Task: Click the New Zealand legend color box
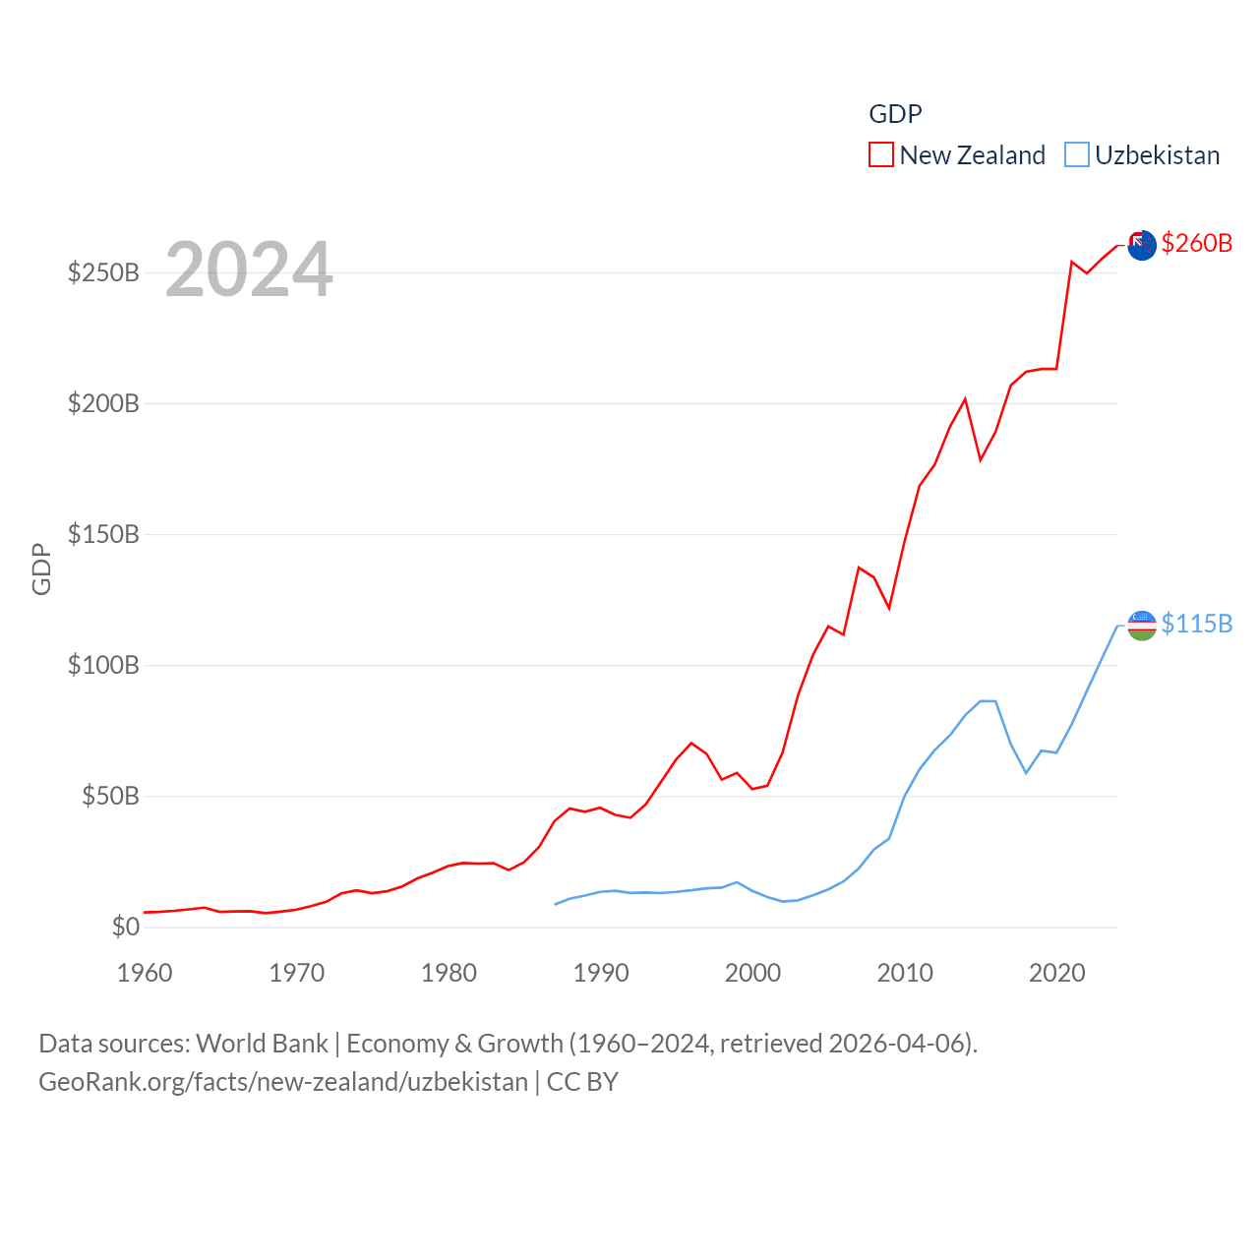point(880,155)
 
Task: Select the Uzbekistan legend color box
point(1077,155)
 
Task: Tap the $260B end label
point(1196,243)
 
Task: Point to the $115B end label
point(1196,624)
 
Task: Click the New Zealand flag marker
point(1142,245)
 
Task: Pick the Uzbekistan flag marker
point(1142,625)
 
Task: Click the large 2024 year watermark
point(249,270)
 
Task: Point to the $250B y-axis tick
point(103,272)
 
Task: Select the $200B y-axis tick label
point(103,403)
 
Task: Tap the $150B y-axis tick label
point(103,534)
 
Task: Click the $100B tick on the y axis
point(103,665)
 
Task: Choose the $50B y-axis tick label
point(110,796)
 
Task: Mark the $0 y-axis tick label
point(126,927)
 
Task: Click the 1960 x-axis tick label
point(145,973)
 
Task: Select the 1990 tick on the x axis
point(601,973)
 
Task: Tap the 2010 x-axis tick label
point(905,973)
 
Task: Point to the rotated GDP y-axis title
point(41,569)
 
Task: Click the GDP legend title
point(895,114)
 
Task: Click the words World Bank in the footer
point(262,1044)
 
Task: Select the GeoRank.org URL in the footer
point(283,1082)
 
